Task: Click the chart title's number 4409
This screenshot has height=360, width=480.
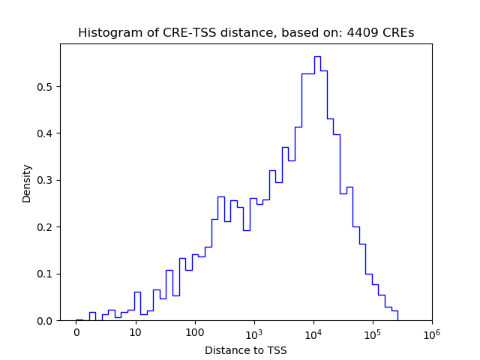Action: point(361,33)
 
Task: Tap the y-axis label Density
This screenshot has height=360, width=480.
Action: point(27,183)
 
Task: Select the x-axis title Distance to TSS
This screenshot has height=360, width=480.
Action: point(245,350)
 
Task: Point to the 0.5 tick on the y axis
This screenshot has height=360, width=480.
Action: point(46,87)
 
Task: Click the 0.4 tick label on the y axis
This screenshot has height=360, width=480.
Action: point(46,133)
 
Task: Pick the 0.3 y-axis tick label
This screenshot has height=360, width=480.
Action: point(46,180)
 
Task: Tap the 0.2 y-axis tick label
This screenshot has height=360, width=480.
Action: point(46,227)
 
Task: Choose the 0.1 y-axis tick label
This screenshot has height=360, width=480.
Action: point(46,274)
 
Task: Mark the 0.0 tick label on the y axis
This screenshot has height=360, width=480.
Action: point(46,321)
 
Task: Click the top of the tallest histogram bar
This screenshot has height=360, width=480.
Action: point(317,56)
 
